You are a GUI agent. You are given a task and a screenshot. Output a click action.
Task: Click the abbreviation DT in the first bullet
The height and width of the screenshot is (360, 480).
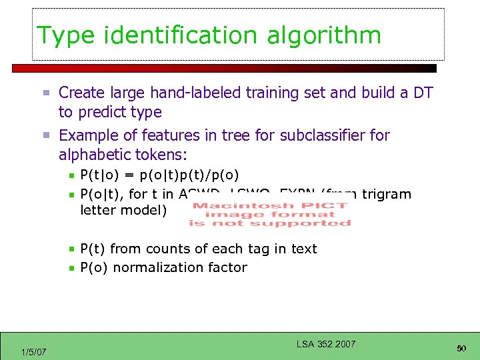point(423,93)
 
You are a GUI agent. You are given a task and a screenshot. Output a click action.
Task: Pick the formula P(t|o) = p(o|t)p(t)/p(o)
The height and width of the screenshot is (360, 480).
point(159,176)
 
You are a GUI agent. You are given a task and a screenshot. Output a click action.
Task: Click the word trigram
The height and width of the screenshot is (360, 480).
point(385,194)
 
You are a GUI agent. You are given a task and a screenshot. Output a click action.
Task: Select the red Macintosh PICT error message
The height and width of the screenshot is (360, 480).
point(270,214)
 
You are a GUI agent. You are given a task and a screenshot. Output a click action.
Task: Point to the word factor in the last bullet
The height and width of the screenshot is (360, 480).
point(227,267)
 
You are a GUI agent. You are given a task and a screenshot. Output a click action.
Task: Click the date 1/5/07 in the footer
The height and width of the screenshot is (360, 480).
point(33,351)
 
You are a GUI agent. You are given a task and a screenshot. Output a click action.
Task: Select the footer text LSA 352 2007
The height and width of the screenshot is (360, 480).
point(326,344)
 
